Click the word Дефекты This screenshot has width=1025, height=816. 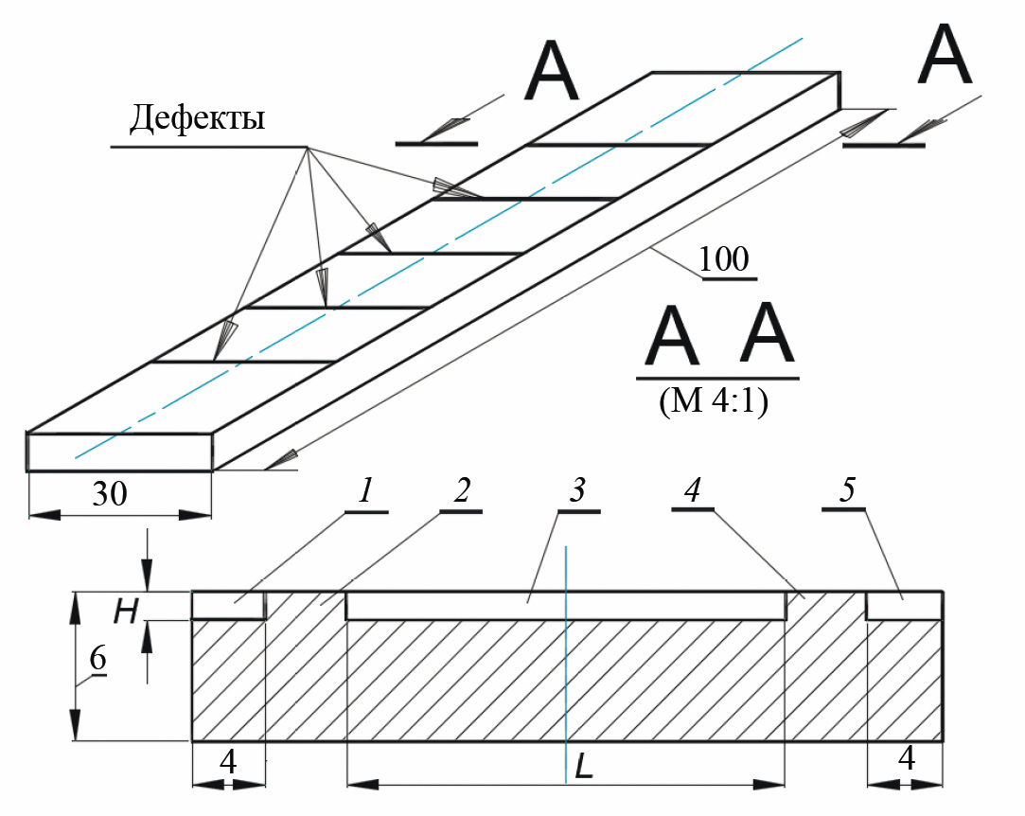(197, 120)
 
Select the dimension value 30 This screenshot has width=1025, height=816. (110, 494)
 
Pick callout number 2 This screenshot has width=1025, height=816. (461, 490)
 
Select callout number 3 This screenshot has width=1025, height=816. (578, 491)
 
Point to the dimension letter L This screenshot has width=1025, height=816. (583, 768)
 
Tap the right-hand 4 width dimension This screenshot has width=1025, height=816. (906, 759)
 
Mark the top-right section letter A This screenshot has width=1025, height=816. (947, 57)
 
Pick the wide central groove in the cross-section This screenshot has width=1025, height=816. (565, 607)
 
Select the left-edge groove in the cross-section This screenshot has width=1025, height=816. (227, 606)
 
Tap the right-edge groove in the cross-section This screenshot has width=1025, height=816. (904, 606)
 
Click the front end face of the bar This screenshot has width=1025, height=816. (119, 452)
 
